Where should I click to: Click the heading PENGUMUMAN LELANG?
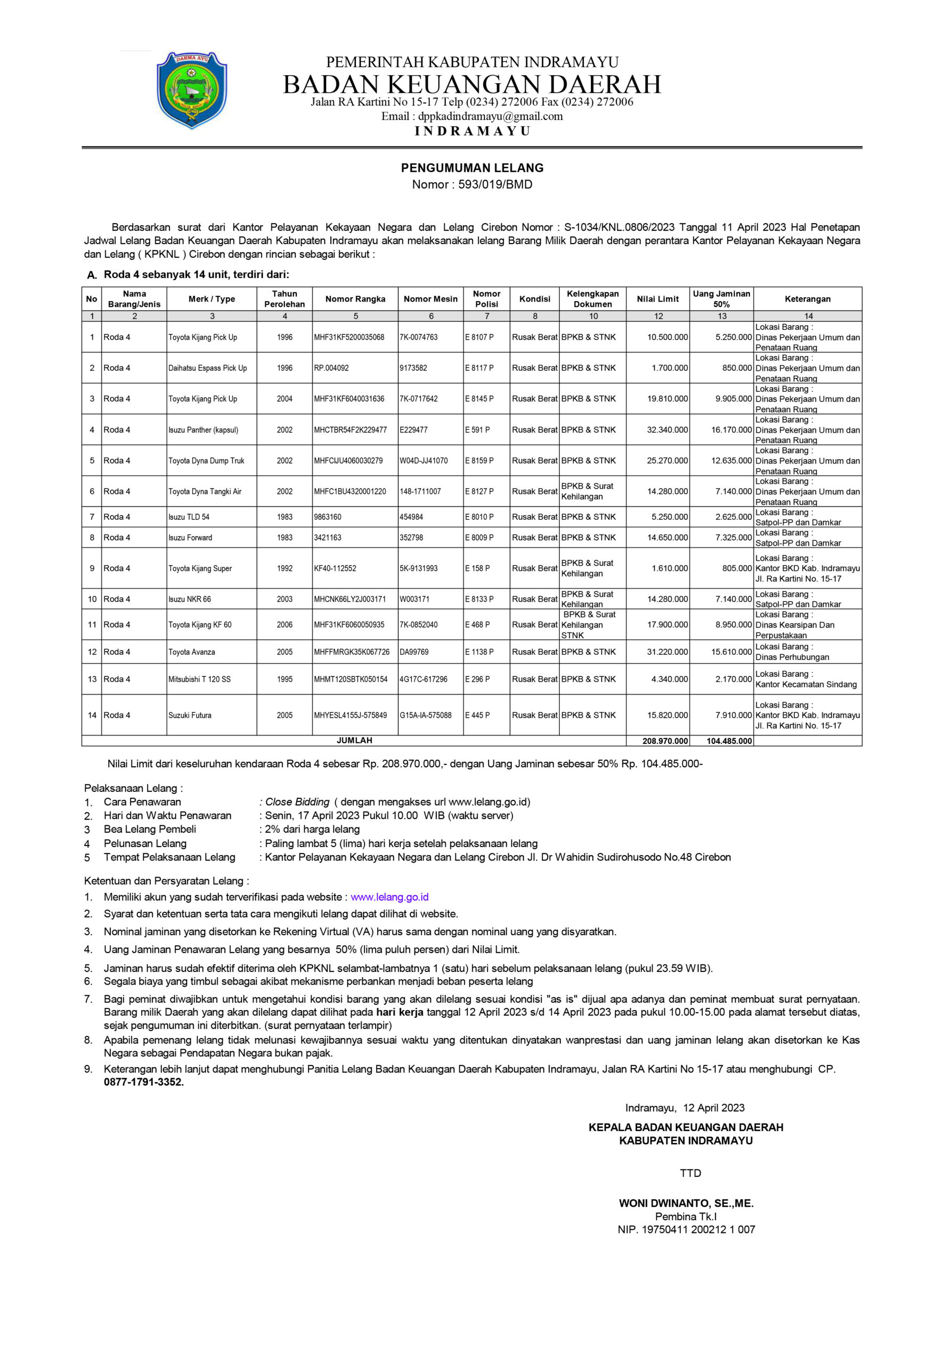click(472, 168)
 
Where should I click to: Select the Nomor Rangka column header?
click(355, 299)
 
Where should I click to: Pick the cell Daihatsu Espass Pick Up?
click(208, 368)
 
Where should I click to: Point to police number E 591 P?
click(477, 430)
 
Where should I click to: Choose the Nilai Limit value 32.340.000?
click(667, 430)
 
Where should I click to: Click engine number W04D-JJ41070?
click(424, 461)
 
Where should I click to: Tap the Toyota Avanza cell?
click(192, 652)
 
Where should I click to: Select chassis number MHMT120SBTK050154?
click(351, 679)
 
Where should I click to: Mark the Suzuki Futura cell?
click(190, 715)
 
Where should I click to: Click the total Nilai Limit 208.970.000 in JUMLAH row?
click(665, 741)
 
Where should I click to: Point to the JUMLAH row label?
click(354, 741)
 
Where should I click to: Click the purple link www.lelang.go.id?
click(389, 897)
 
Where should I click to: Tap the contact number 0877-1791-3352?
click(144, 1083)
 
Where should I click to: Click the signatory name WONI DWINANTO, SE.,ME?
click(686, 1203)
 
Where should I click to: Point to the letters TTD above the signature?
click(690, 1173)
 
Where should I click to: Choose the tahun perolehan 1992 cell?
click(284, 569)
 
